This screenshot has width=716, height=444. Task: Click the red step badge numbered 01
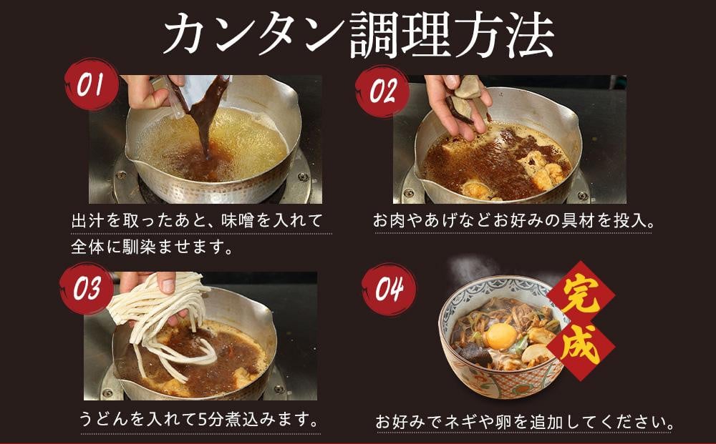click(92, 84)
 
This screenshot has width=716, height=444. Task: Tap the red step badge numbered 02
click(382, 92)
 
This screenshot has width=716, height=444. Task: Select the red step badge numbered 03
click(87, 289)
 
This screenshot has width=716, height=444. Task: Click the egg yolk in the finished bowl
click(501, 337)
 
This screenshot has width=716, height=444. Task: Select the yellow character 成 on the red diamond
click(581, 345)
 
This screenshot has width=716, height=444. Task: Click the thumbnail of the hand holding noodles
click(200, 336)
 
